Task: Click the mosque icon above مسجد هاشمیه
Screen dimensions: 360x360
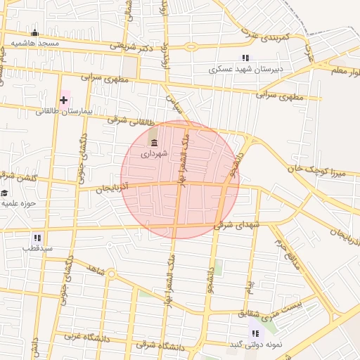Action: click(35, 32)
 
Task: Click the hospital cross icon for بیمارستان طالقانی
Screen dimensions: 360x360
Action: click(64, 100)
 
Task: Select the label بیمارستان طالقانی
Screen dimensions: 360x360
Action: click(64, 111)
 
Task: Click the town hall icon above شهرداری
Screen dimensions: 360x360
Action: click(154, 143)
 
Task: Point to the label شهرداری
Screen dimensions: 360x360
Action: click(154, 153)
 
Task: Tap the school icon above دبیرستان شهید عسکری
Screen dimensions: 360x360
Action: click(245, 58)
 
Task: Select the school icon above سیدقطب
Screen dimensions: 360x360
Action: click(37, 238)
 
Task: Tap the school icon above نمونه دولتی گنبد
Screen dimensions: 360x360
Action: click(255, 333)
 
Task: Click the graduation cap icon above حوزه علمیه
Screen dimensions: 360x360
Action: click(4, 193)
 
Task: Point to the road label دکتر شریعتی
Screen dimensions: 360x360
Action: click(131, 46)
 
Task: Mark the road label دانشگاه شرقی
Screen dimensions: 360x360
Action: click(160, 346)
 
